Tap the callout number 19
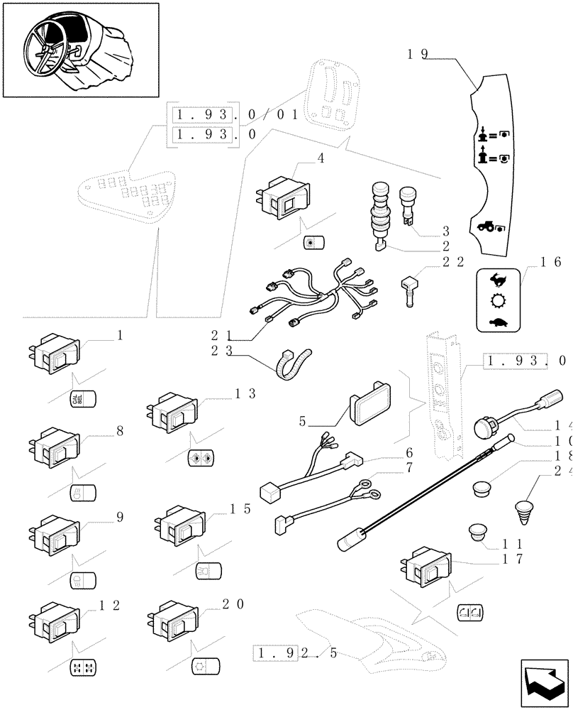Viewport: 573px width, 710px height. pos(417,55)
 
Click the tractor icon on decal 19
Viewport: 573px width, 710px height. pos(489,228)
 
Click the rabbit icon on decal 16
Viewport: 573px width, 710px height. pos(497,280)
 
